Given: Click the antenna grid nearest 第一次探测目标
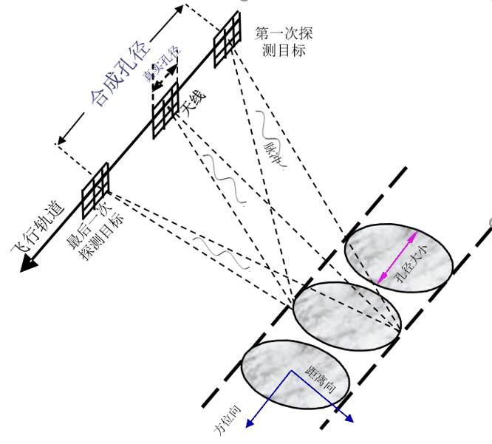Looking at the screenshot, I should coord(228,39).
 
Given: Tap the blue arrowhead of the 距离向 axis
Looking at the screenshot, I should coord(348,418).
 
